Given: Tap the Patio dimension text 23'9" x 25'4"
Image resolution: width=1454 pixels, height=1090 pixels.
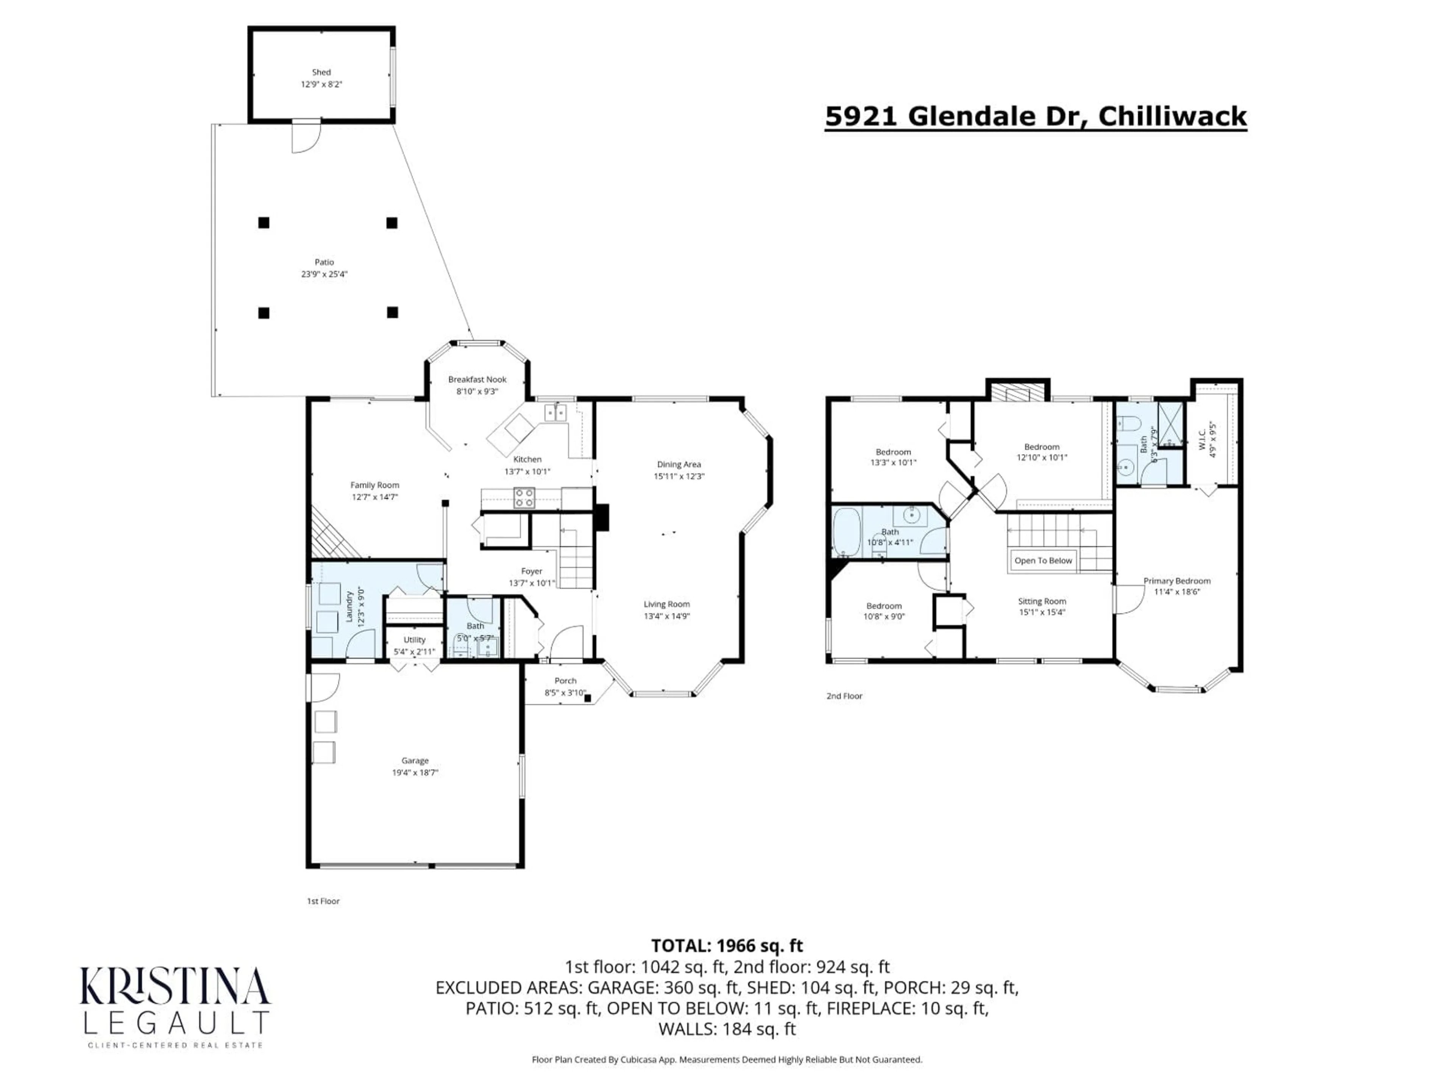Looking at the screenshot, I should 324,274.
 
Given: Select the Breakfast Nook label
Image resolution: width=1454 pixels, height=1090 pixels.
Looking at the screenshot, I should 477,379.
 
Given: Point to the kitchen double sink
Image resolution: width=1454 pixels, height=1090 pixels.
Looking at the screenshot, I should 555,413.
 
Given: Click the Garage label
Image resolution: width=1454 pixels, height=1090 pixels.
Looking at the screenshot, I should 415,760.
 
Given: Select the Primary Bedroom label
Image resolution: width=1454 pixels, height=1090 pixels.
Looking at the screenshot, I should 1176,581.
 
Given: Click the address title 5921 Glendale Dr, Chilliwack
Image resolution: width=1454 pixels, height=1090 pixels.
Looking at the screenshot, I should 1035,116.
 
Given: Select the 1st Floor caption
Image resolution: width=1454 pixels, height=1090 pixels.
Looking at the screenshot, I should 323,901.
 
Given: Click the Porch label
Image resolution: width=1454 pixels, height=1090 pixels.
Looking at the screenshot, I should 565,680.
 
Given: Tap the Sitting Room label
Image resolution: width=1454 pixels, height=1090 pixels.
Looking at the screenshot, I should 1042,601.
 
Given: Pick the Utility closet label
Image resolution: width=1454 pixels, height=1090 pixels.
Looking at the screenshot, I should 414,639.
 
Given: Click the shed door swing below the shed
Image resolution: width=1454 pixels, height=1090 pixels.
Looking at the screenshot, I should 304,138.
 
